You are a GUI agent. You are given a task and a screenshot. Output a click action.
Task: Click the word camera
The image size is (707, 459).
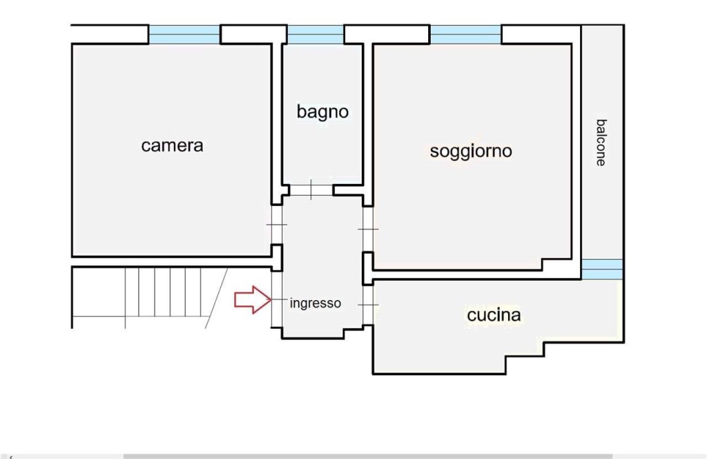172,146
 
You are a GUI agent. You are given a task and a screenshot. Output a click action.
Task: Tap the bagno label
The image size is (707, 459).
322,111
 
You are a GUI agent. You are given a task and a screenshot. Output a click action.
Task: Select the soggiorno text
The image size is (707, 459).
471,151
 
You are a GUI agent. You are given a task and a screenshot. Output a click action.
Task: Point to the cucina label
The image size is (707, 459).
494,316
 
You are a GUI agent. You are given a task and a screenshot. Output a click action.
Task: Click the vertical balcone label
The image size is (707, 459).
601,142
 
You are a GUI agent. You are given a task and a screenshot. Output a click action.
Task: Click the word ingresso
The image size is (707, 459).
315,303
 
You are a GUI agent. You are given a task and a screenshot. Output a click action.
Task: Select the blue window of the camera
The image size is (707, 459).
184,35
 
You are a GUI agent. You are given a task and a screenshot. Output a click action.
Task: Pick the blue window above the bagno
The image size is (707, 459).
315,35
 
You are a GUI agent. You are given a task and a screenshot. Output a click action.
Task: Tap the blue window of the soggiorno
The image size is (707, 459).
466,35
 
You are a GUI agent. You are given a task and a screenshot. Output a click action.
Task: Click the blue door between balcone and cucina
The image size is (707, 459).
601,269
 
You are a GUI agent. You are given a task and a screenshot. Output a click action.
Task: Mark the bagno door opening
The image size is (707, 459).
311,189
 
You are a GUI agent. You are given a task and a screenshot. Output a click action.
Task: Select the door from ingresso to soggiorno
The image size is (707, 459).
367,230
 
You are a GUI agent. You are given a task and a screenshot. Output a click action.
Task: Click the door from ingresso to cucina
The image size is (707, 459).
367,304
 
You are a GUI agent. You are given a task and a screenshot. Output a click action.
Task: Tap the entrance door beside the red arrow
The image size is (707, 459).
277,299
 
